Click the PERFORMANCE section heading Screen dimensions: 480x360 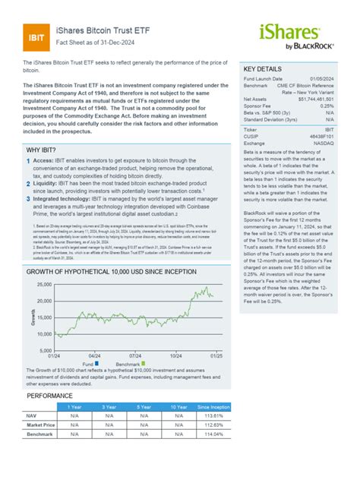(x=50, y=396)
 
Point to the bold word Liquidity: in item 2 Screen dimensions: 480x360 (x=52, y=183)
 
